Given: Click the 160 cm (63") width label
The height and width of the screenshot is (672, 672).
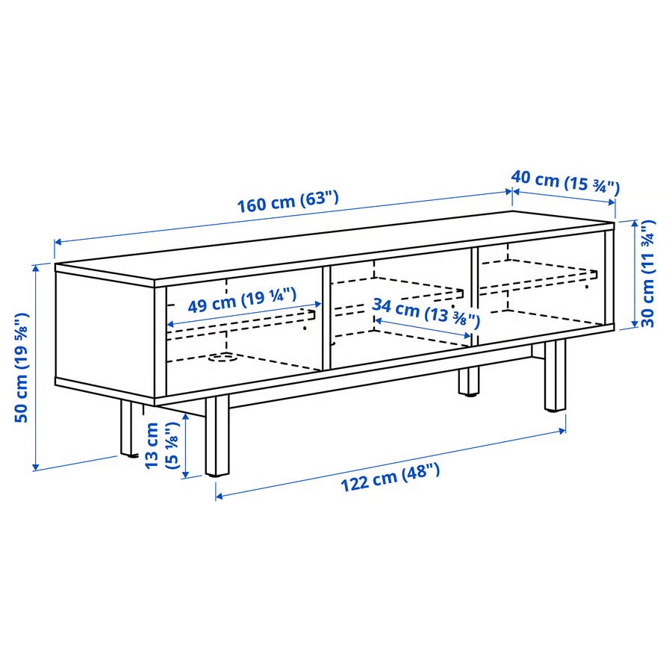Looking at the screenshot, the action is pos(288,202).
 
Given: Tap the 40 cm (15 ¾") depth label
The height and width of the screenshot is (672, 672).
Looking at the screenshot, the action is pos(565,182).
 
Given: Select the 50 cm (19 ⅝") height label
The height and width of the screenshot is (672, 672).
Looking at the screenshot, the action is pos(22,367).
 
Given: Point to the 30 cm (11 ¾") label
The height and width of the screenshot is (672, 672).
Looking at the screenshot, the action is pos(648,274).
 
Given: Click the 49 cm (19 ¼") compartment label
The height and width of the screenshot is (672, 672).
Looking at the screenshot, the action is pos(242,300).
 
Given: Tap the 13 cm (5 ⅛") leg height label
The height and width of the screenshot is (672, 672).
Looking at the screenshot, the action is pos(161,446).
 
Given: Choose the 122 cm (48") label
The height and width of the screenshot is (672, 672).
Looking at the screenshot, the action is pos(390,478).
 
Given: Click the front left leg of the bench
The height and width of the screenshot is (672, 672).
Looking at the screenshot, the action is pos(217,435).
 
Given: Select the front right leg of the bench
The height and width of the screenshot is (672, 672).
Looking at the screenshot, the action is pos(556,376).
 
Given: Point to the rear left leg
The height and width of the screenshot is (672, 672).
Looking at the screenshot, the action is pos(127,428).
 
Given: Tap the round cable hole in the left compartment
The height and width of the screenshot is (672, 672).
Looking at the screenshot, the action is pos(221,357).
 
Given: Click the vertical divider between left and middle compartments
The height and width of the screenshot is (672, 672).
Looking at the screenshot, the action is pos(326,318).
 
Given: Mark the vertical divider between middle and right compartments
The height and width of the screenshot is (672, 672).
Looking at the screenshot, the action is pos(474,296).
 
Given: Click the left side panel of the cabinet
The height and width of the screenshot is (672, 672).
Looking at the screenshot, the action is pos(105,335).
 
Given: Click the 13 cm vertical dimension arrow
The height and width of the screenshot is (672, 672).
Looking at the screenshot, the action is pos(186,445).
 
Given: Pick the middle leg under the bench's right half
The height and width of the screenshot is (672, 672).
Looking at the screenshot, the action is pos(468,382).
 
